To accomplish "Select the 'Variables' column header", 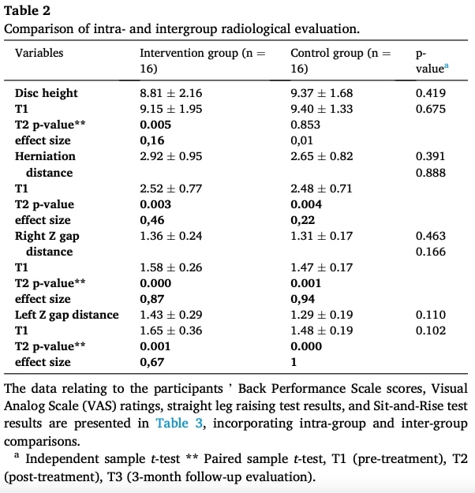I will [39, 54].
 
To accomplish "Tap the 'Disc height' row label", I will [47, 93].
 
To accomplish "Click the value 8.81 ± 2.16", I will [170, 93].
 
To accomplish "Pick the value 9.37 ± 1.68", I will [321, 93].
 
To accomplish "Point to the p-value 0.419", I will [431, 93].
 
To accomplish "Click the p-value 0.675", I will [431, 109].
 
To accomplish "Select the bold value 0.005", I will [155, 125].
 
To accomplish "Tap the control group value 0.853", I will [306, 125].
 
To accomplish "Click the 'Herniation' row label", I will [45, 156].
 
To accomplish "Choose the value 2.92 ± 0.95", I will [170, 156].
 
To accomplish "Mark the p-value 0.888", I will [431, 172].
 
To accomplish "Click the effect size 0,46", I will [152, 220].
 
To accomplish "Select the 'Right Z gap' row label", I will [47, 236].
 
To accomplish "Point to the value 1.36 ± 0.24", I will [170, 236].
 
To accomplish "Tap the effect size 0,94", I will [303, 299].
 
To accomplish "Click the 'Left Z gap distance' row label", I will [67, 315].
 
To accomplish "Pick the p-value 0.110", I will [431, 315].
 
